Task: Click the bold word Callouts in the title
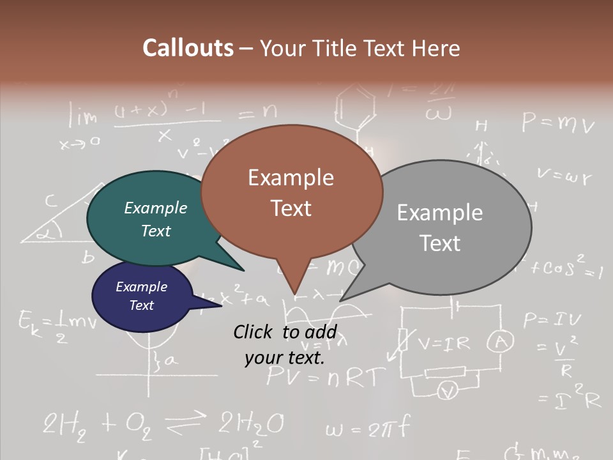pyautogui.click(x=188, y=48)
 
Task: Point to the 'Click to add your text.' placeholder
pyautogui.click(x=285, y=344)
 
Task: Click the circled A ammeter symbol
pyautogui.click(x=501, y=343)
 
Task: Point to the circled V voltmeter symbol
pyautogui.click(x=448, y=390)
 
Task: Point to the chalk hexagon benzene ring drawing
pyautogui.click(x=356, y=105)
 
